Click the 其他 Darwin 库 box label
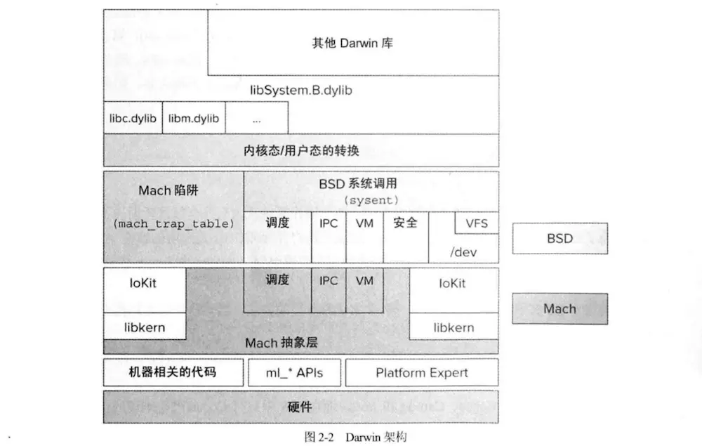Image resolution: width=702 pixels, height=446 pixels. coord(352,43)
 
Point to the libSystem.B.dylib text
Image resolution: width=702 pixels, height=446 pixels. coord(301,91)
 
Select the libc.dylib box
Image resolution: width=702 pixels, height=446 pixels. coord(133,118)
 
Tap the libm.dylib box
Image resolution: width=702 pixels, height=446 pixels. coord(194,118)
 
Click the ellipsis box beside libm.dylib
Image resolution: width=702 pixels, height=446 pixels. coord(257,118)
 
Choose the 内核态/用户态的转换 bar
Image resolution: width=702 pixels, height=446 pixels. coord(301,150)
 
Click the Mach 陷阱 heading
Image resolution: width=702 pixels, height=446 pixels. coord(168,190)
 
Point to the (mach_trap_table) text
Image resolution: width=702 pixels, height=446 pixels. coord(173,223)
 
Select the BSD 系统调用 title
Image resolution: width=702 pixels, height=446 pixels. coord(358,183)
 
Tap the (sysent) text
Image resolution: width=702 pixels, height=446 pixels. coord(371,200)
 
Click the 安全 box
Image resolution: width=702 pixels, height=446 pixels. coord(406,237)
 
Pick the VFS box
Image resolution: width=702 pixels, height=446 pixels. coord(477,223)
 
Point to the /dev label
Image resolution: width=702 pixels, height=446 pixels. coord(463,253)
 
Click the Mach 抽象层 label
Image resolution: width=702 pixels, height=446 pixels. coord(282,343)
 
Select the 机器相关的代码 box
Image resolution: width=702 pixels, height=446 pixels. coord(173,372)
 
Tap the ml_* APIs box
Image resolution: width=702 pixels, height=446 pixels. coord(295,372)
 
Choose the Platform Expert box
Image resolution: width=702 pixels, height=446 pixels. coord(422,372)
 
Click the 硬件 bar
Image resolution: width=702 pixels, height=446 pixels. coord(301,407)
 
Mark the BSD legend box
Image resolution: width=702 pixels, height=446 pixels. coord(560,239)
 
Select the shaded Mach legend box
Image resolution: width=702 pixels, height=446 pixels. coord(560,309)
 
